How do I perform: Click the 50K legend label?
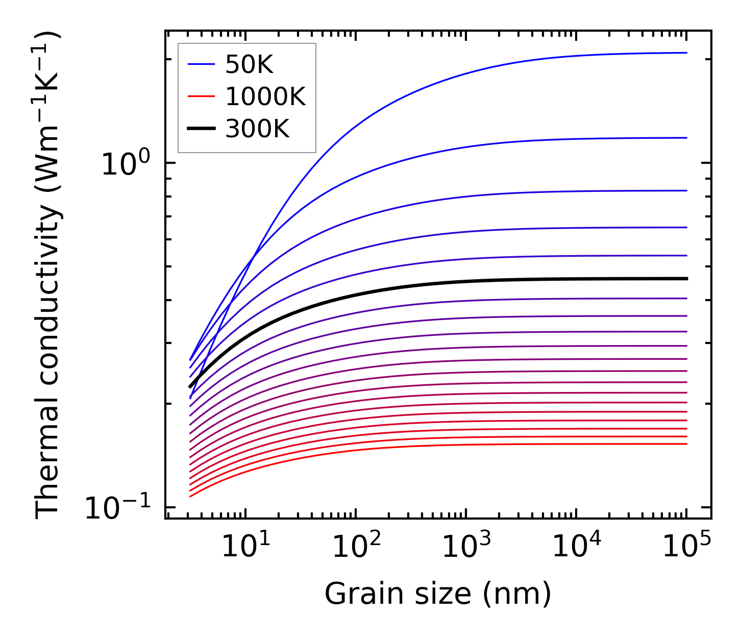click(250, 65)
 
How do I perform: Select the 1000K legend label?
click(265, 97)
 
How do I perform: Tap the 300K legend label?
click(257, 129)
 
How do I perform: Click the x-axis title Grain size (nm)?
click(438, 594)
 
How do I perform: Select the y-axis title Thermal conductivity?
click(48, 276)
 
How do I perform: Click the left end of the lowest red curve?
click(190, 496)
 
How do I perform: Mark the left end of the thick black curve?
click(190, 387)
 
